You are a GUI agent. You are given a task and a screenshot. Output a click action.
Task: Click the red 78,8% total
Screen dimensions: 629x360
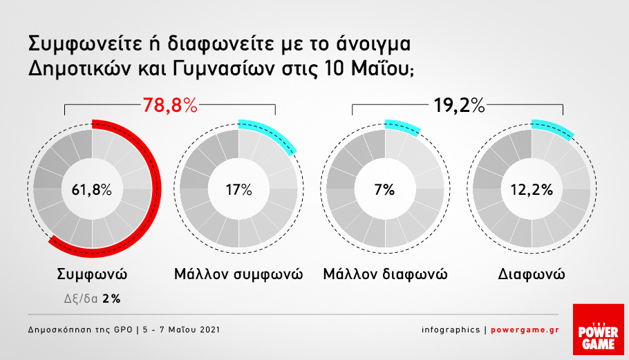click(x=170, y=106)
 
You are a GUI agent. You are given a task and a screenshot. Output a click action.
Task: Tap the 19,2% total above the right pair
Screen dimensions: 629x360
click(x=459, y=106)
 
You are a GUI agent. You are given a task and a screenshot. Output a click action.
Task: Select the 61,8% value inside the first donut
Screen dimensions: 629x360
click(x=91, y=189)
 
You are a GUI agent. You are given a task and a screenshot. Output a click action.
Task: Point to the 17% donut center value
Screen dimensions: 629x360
click(x=238, y=189)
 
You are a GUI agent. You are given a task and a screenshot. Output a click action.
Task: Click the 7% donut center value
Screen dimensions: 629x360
click(x=385, y=189)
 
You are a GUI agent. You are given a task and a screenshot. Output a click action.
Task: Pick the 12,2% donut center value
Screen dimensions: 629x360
click(x=532, y=189)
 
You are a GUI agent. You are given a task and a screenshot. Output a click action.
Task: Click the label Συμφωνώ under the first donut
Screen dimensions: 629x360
click(x=92, y=275)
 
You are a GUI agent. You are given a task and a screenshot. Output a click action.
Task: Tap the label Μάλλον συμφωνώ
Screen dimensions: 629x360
click(x=238, y=275)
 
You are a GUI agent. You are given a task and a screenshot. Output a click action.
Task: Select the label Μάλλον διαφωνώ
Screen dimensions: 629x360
click(x=385, y=275)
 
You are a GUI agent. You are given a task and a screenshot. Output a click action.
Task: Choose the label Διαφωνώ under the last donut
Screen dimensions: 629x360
click(x=532, y=274)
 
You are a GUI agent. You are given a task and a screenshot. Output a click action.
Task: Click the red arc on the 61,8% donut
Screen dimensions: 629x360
click(x=156, y=189)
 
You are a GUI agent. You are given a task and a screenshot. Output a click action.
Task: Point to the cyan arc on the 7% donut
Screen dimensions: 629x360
click(x=403, y=126)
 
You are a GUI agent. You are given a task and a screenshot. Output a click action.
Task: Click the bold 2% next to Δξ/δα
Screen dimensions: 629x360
click(x=111, y=299)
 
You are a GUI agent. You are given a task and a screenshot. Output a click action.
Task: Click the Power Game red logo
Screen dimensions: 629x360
click(x=598, y=329)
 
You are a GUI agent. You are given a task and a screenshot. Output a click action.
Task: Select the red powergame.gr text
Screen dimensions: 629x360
click(x=525, y=330)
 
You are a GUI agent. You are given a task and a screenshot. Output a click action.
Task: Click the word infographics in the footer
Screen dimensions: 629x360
click(x=451, y=330)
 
